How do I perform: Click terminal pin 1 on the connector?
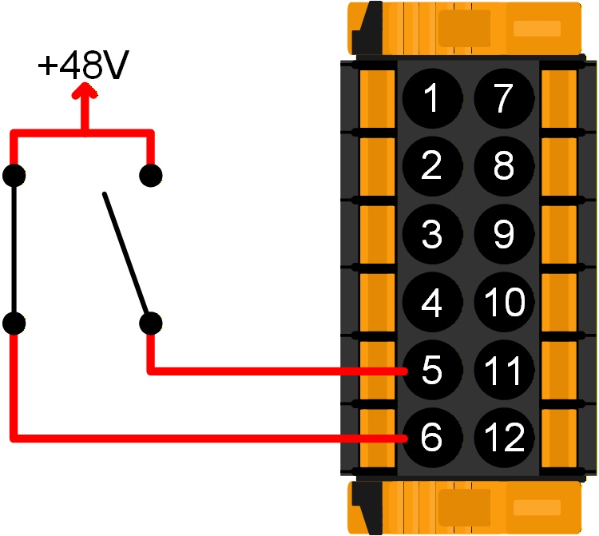click(x=431, y=99)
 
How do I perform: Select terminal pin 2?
click(x=431, y=167)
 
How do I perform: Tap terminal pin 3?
click(x=431, y=235)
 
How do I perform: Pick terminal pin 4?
click(x=431, y=303)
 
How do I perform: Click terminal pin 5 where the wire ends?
click(x=431, y=371)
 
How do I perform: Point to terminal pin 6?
click(x=431, y=438)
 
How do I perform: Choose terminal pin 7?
click(x=503, y=99)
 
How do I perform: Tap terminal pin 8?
click(x=503, y=167)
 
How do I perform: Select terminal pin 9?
click(x=503, y=235)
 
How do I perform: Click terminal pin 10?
click(x=503, y=303)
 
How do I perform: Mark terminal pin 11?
click(x=503, y=371)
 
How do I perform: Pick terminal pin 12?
click(x=503, y=438)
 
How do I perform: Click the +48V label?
click(x=83, y=67)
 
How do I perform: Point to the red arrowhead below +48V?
click(x=83, y=93)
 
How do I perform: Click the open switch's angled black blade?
click(x=125, y=252)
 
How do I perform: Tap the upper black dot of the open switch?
click(x=150, y=175)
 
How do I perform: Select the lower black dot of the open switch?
click(x=149, y=323)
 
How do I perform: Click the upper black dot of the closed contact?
click(x=14, y=175)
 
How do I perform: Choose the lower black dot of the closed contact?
click(x=14, y=323)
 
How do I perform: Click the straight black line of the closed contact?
click(x=14, y=249)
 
